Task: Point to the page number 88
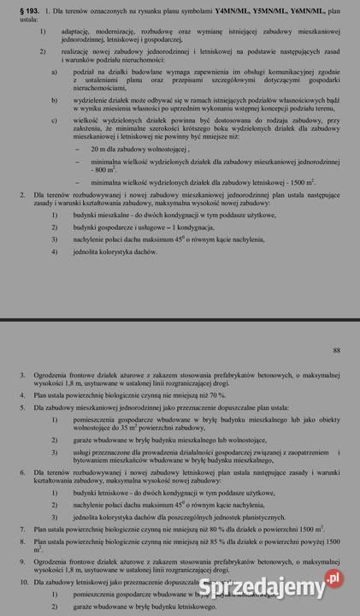click(x=336, y=350)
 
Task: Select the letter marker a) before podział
click(x=55, y=72)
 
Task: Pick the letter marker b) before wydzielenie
click(x=55, y=100)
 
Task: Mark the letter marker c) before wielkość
click(x=55, y=121)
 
